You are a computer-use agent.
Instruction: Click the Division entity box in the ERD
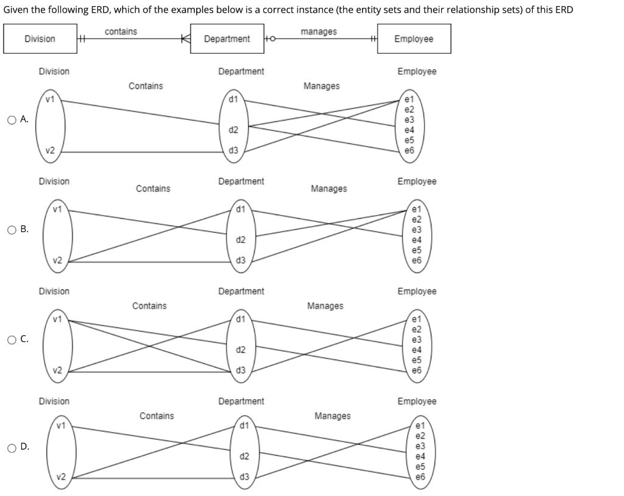40,39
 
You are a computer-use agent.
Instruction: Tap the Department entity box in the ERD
227,39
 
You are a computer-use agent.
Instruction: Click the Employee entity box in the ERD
414,39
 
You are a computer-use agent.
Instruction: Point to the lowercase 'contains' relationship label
121,31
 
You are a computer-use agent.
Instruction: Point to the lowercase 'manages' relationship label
319,31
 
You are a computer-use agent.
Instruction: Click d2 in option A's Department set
233,130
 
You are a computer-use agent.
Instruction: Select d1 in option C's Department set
241,319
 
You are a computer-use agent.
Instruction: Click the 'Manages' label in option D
332,416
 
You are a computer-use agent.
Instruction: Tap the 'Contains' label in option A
146,86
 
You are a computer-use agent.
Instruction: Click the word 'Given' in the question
15,10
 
